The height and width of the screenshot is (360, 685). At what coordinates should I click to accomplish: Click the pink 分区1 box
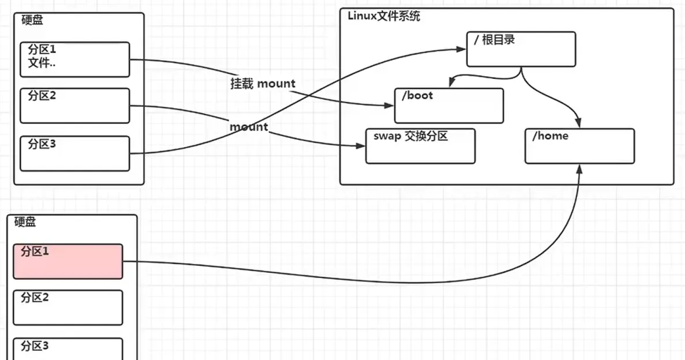(68, 261)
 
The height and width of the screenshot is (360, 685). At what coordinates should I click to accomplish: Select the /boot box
(448, 106)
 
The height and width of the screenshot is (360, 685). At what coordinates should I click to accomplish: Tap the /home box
(579, 146)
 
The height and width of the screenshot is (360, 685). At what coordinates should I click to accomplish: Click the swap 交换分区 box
(420, 146)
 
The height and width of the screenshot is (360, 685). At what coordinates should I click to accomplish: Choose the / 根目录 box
(521, 49)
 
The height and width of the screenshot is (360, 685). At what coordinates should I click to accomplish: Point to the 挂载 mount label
(263, 84)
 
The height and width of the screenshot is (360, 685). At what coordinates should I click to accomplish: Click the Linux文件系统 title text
(384, 16)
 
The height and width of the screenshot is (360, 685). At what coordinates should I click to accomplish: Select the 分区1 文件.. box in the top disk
(75, 59)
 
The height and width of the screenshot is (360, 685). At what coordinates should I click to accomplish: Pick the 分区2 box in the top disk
(75, 106)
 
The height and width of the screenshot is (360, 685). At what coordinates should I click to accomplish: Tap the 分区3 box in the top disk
(75, 153)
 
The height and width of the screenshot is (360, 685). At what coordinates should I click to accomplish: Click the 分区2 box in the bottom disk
(68, 307)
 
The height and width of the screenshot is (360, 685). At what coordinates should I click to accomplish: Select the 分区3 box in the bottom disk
(68, 348)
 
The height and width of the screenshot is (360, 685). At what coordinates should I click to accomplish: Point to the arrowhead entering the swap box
(362, 146)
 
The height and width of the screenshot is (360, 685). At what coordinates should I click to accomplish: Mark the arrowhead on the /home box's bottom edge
(579, 167)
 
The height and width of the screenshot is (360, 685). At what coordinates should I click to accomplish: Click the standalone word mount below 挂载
(249, 126)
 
